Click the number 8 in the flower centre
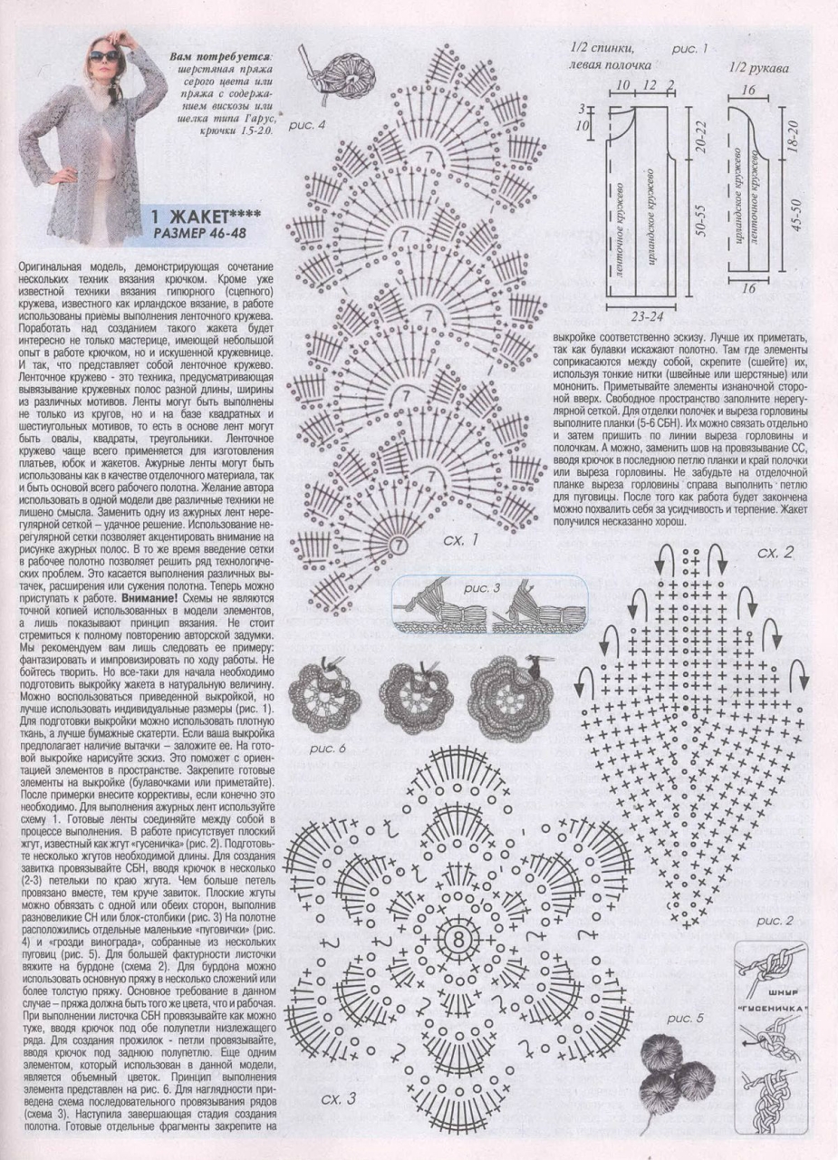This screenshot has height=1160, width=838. click(x=455, y=938)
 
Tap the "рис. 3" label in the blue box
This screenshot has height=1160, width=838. click(x=482, y=588)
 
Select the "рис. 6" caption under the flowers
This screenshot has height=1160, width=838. click(x=328, y=748)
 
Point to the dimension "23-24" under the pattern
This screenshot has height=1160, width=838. click(x=645, y=318)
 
